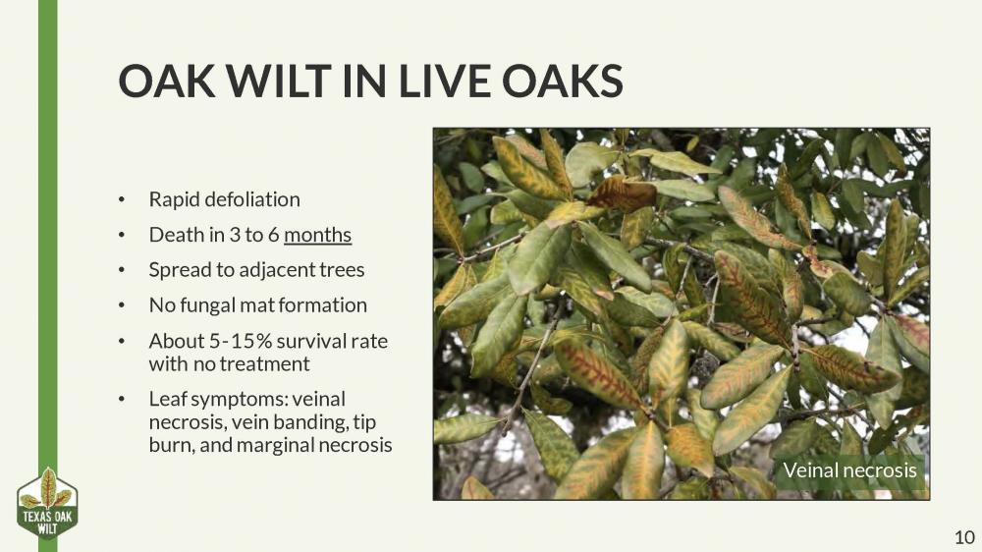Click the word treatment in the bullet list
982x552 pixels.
(262, 363)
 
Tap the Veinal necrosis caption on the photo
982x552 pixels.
(849, 470)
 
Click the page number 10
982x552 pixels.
(963, 536)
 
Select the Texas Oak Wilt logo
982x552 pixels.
(47, 504)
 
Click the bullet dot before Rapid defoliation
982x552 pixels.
(123, 200)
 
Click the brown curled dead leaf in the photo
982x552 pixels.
(621, 192)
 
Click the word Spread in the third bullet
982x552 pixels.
(176, 269)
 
